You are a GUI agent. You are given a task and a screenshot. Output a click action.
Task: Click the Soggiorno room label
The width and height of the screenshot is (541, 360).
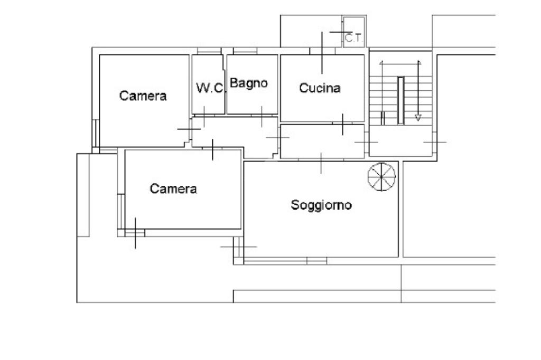pyautogui.click(x=321, y=205)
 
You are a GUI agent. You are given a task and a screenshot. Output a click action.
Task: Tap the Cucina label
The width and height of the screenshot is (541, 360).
pyautogui.click(x=320, y=88)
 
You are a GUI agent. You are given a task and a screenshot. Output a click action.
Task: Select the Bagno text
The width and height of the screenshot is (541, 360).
pyautogui.click(x=249, y=83)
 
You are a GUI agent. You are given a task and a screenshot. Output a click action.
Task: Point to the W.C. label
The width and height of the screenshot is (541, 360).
pyautogui.click(x=210, y=88)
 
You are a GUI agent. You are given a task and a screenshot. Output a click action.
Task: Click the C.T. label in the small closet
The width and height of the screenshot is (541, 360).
pyautogui.click(x=354, y=38)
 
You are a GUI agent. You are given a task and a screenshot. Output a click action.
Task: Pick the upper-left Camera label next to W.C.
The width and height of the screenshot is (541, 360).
pyautogui.click(x=143, y=96)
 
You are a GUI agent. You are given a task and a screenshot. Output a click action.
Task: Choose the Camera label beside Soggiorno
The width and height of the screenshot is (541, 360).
pyautogui.click(x=173, y=188)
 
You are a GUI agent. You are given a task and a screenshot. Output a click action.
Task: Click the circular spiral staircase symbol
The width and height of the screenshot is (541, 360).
pyautogui.click(x=381, y=176)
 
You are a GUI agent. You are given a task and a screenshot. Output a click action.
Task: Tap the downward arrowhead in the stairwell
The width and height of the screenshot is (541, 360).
pyautogui.click(x=418, y=118)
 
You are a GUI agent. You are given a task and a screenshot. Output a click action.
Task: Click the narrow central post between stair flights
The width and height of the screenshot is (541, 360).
pyautogui.click(x=400, y=100)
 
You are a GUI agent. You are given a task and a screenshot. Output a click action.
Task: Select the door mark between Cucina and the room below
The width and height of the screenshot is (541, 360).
pyautogui.click(x=342, y=124)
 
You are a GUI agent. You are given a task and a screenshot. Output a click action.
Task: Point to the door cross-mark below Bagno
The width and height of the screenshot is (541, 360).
pyautogui.click(x=262, y=117)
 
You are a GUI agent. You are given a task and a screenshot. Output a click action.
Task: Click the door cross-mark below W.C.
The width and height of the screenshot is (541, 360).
pyautogui.click(x=204, y=117)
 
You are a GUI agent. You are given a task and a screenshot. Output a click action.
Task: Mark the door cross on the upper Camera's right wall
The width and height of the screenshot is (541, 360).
pyautogui.click(x=189, y=129)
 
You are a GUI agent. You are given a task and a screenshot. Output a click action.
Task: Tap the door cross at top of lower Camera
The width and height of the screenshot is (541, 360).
pyautogui.click(x=212, y=150)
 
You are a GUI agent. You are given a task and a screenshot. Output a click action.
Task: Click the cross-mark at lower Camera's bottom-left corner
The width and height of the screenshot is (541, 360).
pyautogui.click(x=135, y=233)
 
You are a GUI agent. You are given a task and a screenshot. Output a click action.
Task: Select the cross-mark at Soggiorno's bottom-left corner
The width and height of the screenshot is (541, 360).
pyautogui.click(x=238, y=247)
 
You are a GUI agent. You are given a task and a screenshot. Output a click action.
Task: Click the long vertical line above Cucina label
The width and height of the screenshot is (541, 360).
pyautogui.click(x=322, y=53)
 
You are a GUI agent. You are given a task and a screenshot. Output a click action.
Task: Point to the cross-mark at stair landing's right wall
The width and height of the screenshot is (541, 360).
pyautogui.click(x=435, y=142)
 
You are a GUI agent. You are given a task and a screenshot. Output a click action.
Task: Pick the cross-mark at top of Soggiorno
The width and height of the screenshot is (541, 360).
pyautogui.click(x=321, y=163)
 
